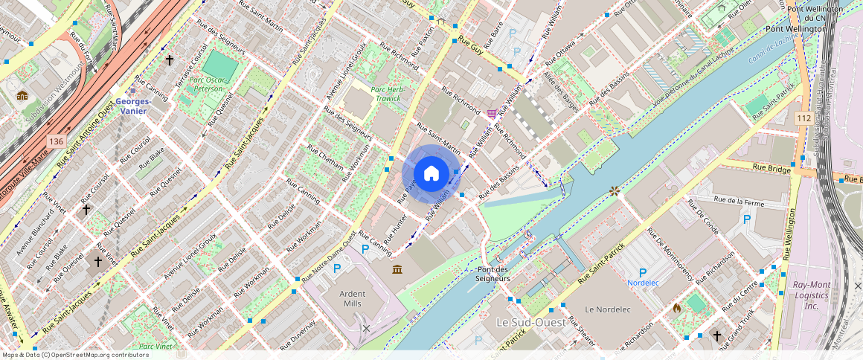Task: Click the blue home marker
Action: (431, 173)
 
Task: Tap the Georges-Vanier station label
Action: (133, 106)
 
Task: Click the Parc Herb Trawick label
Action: (387, 94)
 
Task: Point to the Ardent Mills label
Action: (353, 298)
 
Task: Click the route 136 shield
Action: (55, 141)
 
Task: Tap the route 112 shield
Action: (803, 118)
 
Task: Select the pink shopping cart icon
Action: (492, 114)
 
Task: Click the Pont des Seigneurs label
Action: (493, 274)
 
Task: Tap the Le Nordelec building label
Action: (607, 309)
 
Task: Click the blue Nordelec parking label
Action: (642, 283)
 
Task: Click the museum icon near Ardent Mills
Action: (397, 269)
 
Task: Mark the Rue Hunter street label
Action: (396, 228)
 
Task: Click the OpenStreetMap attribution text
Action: (75, 355)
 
